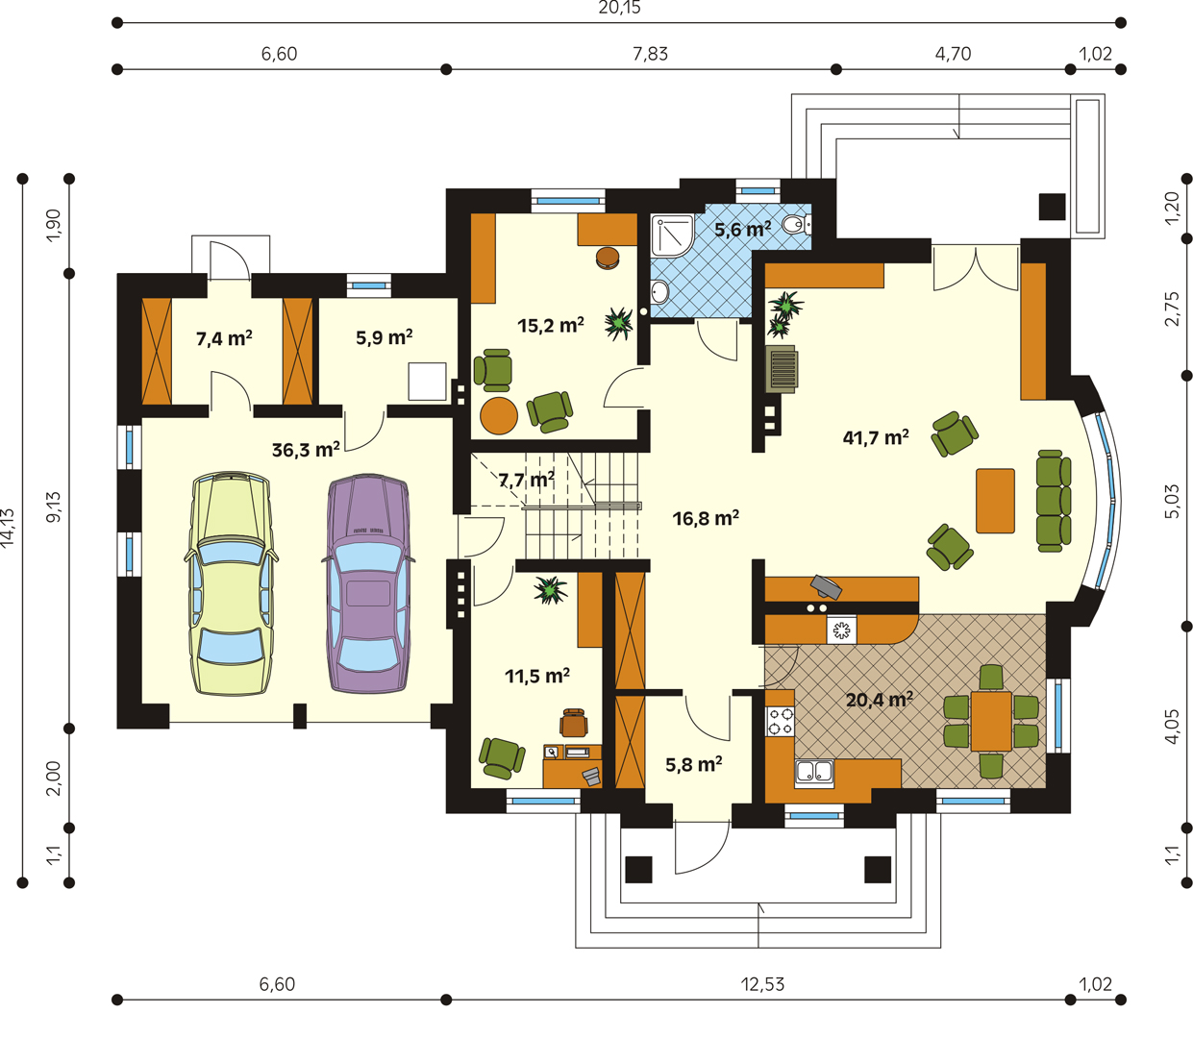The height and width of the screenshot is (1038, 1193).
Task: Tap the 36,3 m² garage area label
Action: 306,450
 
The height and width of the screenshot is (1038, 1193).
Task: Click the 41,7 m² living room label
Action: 876,437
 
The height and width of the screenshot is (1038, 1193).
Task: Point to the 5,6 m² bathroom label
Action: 743,229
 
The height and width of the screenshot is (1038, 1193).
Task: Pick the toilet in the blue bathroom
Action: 797,224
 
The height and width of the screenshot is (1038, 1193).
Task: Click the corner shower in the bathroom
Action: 672,236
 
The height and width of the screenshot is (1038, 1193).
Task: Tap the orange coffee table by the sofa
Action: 995,501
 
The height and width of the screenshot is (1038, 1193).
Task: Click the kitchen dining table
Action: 991,722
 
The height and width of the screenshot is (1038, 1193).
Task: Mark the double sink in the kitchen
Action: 814,772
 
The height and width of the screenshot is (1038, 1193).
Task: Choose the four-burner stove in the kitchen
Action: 780,721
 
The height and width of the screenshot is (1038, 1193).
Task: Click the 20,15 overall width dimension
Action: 619,8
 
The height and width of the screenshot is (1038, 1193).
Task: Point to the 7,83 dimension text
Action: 650,54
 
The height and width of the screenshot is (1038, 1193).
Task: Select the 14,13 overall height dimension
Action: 8,527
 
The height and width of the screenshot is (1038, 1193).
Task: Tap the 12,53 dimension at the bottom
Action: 762,984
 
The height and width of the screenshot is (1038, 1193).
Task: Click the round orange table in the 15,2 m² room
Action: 499,415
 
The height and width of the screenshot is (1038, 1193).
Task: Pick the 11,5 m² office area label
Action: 537,676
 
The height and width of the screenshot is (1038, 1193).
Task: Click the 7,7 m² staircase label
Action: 527,480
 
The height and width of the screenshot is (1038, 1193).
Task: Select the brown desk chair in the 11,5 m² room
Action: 574,723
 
